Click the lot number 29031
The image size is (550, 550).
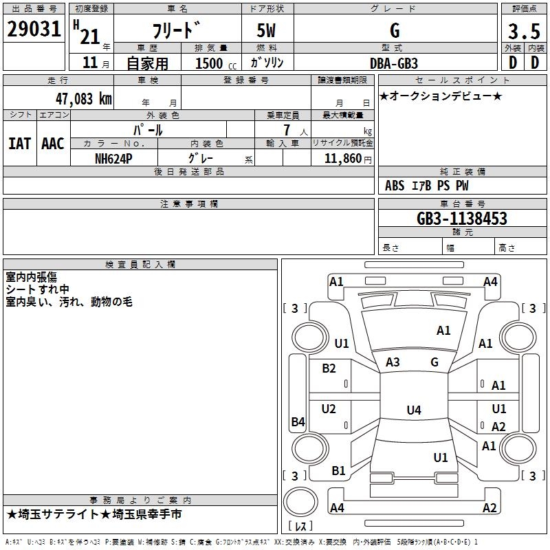pos(34,30)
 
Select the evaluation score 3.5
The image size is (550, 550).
pos(522,31)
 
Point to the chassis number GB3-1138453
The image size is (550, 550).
pos(462,219)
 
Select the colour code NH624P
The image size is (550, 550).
pos(113,158)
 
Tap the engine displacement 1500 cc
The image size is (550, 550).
pos(213,63)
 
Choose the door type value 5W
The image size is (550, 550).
pos(267,31)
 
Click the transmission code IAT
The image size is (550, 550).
pos(19,144)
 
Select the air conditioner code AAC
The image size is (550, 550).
pos(53,144)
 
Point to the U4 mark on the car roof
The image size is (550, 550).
pos(413,410)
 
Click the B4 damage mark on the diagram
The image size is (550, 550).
pos(298,422)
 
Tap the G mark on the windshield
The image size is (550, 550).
pos(434,362)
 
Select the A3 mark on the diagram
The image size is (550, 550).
pos(393,362)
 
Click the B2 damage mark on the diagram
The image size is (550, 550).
pos(329,368)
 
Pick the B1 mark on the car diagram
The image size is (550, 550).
pos(338,471)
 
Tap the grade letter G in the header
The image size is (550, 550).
pos(395,31)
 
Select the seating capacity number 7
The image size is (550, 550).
pos(284,131)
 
